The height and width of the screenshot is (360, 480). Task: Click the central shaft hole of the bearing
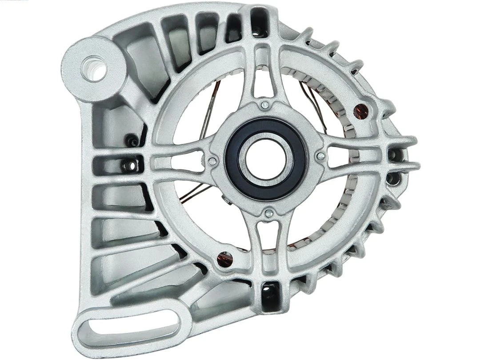266,159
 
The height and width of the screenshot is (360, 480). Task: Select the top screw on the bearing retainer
265,105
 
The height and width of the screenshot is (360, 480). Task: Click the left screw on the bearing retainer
213,161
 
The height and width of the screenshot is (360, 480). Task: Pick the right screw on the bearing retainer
320,156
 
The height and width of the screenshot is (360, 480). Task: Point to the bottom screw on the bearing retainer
268,214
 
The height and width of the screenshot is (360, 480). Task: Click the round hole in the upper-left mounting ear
94,68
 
